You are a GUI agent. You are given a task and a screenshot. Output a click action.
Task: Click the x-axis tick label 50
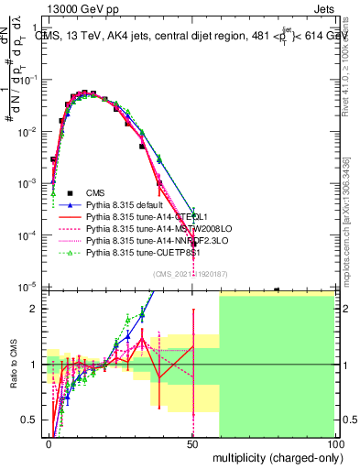(192, 443)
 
